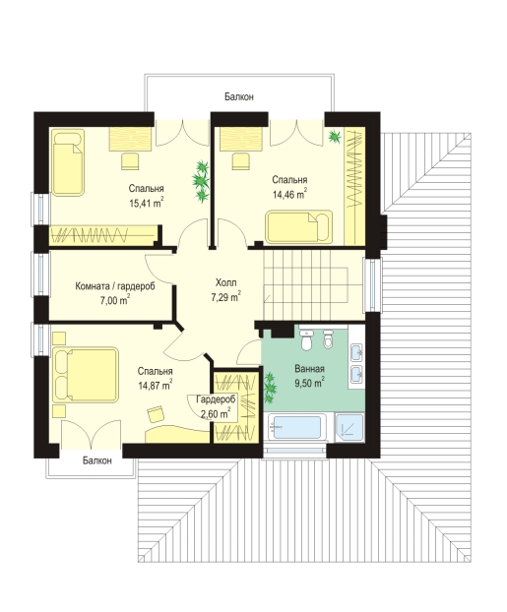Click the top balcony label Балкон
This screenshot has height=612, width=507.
[238, 96]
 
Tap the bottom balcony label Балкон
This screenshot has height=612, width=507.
[96, 460]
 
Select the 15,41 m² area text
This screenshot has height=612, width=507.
[146, 203]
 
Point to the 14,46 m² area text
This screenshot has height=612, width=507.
[289, 195]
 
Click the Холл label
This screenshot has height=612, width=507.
[225, 282]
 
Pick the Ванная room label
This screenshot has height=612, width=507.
[309, 369]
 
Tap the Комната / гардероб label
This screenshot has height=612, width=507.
[115, 286]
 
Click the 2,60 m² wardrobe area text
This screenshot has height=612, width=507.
[216, 413]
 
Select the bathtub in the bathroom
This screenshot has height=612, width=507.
[297, 427]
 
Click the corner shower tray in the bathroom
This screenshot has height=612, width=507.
[349, 427]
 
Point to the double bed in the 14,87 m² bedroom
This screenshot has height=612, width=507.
[85, 375]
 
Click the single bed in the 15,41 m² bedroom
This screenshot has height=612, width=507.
[68, 162]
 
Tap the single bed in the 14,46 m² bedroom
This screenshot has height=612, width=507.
[299, 227]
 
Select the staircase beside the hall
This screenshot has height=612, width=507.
[306, 285]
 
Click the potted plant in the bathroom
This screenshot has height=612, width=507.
[270, 388]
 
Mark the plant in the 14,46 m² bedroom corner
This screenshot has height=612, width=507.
[335, 136]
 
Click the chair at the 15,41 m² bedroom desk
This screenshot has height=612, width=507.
[130, 161]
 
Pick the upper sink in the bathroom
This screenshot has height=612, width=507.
[356, 352]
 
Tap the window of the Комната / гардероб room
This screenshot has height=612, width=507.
[40, 274]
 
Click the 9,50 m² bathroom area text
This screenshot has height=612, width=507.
[309, 383]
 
